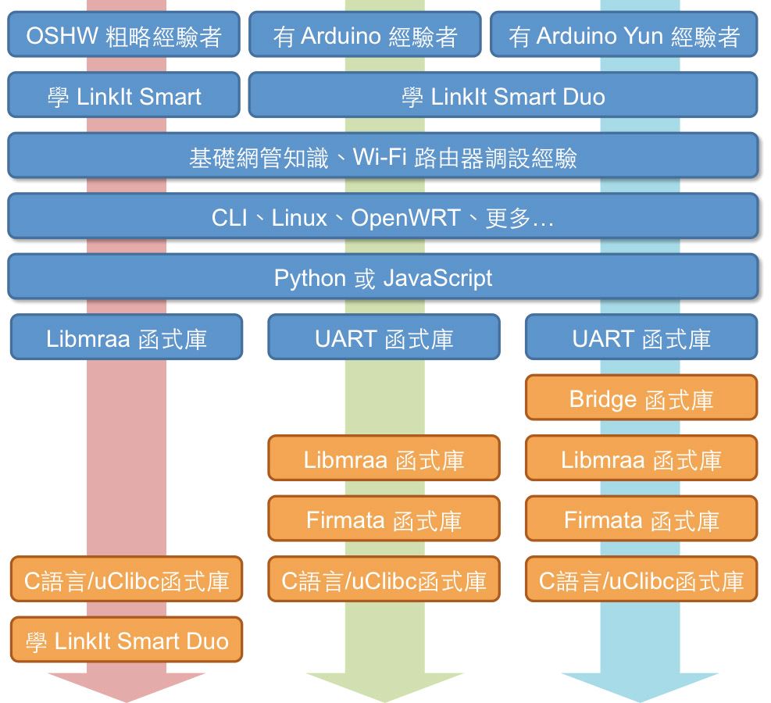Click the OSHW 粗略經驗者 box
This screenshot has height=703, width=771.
pyautogui.click(x=123, y=34)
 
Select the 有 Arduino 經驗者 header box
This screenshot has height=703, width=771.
pyautogui.click(x=365, y=34)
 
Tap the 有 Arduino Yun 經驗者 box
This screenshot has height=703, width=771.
pyautogui.click(x=623, y=34)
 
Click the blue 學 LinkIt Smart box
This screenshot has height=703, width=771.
pyautogui.click(x=123, y=95)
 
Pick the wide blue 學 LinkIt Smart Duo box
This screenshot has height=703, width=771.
pyautogui.click(x=502, y=95)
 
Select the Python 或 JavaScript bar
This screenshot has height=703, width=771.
pyautogui.click(x=383, y=277)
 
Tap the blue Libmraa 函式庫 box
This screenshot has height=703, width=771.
pyautogui.click(x=127, y=337)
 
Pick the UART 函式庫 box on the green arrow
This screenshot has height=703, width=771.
pyautogui.click(x=384, y=337)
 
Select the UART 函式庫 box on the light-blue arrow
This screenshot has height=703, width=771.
pyautogui.click(x=641, y=337)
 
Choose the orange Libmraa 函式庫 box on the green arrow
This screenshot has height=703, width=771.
pyautogui.click(x=384, y=459)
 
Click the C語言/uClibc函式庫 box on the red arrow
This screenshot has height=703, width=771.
pyautogui.click(x=127, y=580)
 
